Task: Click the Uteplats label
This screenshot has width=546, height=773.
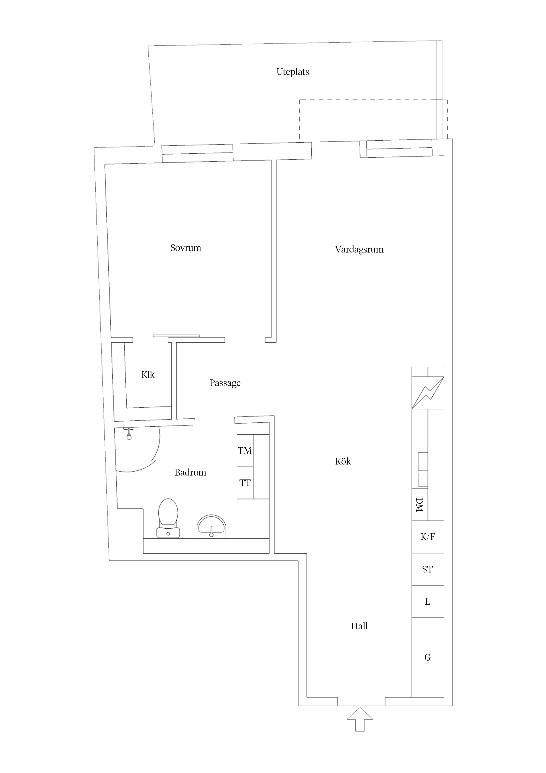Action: (x=292, y=72)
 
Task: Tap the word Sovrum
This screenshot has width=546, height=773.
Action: (x=185, y=248)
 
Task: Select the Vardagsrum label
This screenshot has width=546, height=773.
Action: (x=359, y=249)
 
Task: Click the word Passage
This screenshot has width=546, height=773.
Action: (x=225, y=383)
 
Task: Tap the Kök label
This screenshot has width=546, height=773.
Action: (x=343, y=461)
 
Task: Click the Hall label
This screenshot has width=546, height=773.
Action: (x=359, y=626)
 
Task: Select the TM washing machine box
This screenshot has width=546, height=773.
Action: (x=245, y=450)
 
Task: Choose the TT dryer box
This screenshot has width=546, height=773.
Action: (x=245, y=483)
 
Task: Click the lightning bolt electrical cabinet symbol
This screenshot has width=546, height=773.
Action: (x=428, y=393)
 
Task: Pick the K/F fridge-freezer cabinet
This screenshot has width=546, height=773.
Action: (x=428, y=537)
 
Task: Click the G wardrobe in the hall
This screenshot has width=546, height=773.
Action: (x=428, y=657)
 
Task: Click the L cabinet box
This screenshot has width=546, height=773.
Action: (x=428, y=602)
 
